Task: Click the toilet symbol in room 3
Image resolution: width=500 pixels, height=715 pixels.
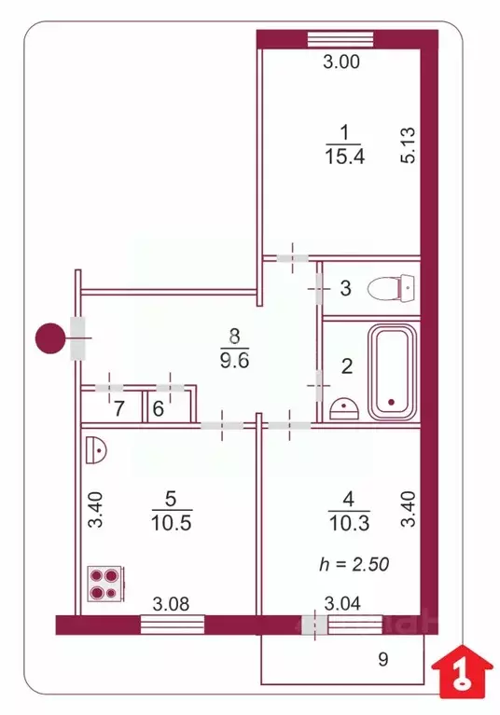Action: pos(391,288)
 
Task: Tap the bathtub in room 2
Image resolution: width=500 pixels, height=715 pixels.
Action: pos(391,373)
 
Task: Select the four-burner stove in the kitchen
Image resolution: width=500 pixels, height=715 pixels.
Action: pos(103,584)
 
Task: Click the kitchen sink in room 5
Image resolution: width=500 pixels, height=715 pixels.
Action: pos(96,450)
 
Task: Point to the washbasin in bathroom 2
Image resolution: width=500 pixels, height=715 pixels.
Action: pos(345,407)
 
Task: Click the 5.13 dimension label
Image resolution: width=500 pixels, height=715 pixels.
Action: pos(407,146)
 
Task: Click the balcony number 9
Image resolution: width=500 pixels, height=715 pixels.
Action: pos(382,660)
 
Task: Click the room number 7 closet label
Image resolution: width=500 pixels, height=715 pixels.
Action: pos(118,407)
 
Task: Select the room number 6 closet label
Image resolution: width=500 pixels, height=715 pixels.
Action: pos(158,407)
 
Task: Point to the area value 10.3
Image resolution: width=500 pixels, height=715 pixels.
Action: pos(343,523)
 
